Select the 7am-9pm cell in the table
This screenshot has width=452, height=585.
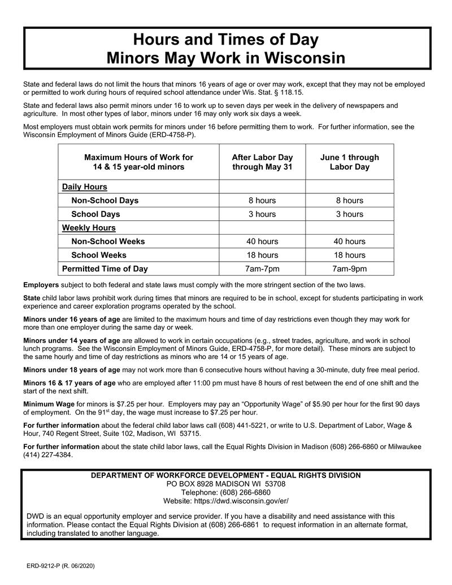[349, 268]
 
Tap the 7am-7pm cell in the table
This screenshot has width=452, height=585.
[262, 268]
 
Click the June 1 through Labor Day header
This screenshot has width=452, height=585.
[349, 162]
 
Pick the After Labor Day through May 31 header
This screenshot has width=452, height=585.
[262, 162]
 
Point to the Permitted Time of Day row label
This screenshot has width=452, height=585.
[105, 268]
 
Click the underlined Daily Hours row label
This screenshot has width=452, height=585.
[84, 187]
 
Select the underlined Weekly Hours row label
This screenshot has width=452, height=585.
[88, 228]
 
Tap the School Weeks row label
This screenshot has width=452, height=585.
[99, 255]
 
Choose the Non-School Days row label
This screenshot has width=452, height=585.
[105, 201]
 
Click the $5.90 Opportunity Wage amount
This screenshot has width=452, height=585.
[299, 404]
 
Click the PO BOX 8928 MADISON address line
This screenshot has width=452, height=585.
[225, 484]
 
